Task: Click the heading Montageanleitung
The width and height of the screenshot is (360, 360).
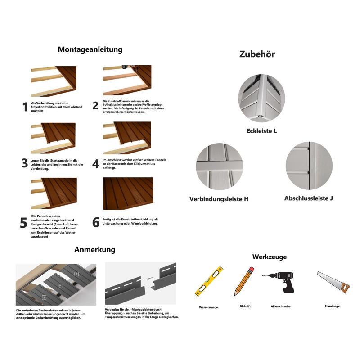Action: click(90, 49)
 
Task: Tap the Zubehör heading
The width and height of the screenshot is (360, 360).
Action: click(257, 54)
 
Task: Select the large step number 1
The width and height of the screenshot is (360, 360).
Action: click(25, 107)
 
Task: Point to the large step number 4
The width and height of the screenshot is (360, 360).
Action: click(95, 164)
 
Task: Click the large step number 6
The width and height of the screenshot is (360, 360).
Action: click(96, 222)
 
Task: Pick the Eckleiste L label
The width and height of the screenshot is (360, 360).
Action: click(261, 131)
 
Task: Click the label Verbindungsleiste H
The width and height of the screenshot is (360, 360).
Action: click(219, 199)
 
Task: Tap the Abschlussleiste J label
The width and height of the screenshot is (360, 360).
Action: click(308, 198)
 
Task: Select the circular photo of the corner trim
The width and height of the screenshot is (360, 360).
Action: click(261, 98)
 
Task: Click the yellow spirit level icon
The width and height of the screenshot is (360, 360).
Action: click(209, 281)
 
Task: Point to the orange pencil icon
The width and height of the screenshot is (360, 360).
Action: click(244, 281)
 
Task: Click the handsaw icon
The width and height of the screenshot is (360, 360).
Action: click(333, 282)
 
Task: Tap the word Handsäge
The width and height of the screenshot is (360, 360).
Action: click(332, 306)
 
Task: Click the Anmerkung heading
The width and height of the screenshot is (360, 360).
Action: click(95, 250)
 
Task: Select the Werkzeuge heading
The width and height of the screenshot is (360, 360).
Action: click(269, 256)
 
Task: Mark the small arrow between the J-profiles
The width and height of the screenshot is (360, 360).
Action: click(149, 279)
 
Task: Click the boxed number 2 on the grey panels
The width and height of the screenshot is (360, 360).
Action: click(60, 286)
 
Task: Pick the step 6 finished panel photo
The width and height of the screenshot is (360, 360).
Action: click(128, 193)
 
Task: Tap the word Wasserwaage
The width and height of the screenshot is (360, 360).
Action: click(208, 307)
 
